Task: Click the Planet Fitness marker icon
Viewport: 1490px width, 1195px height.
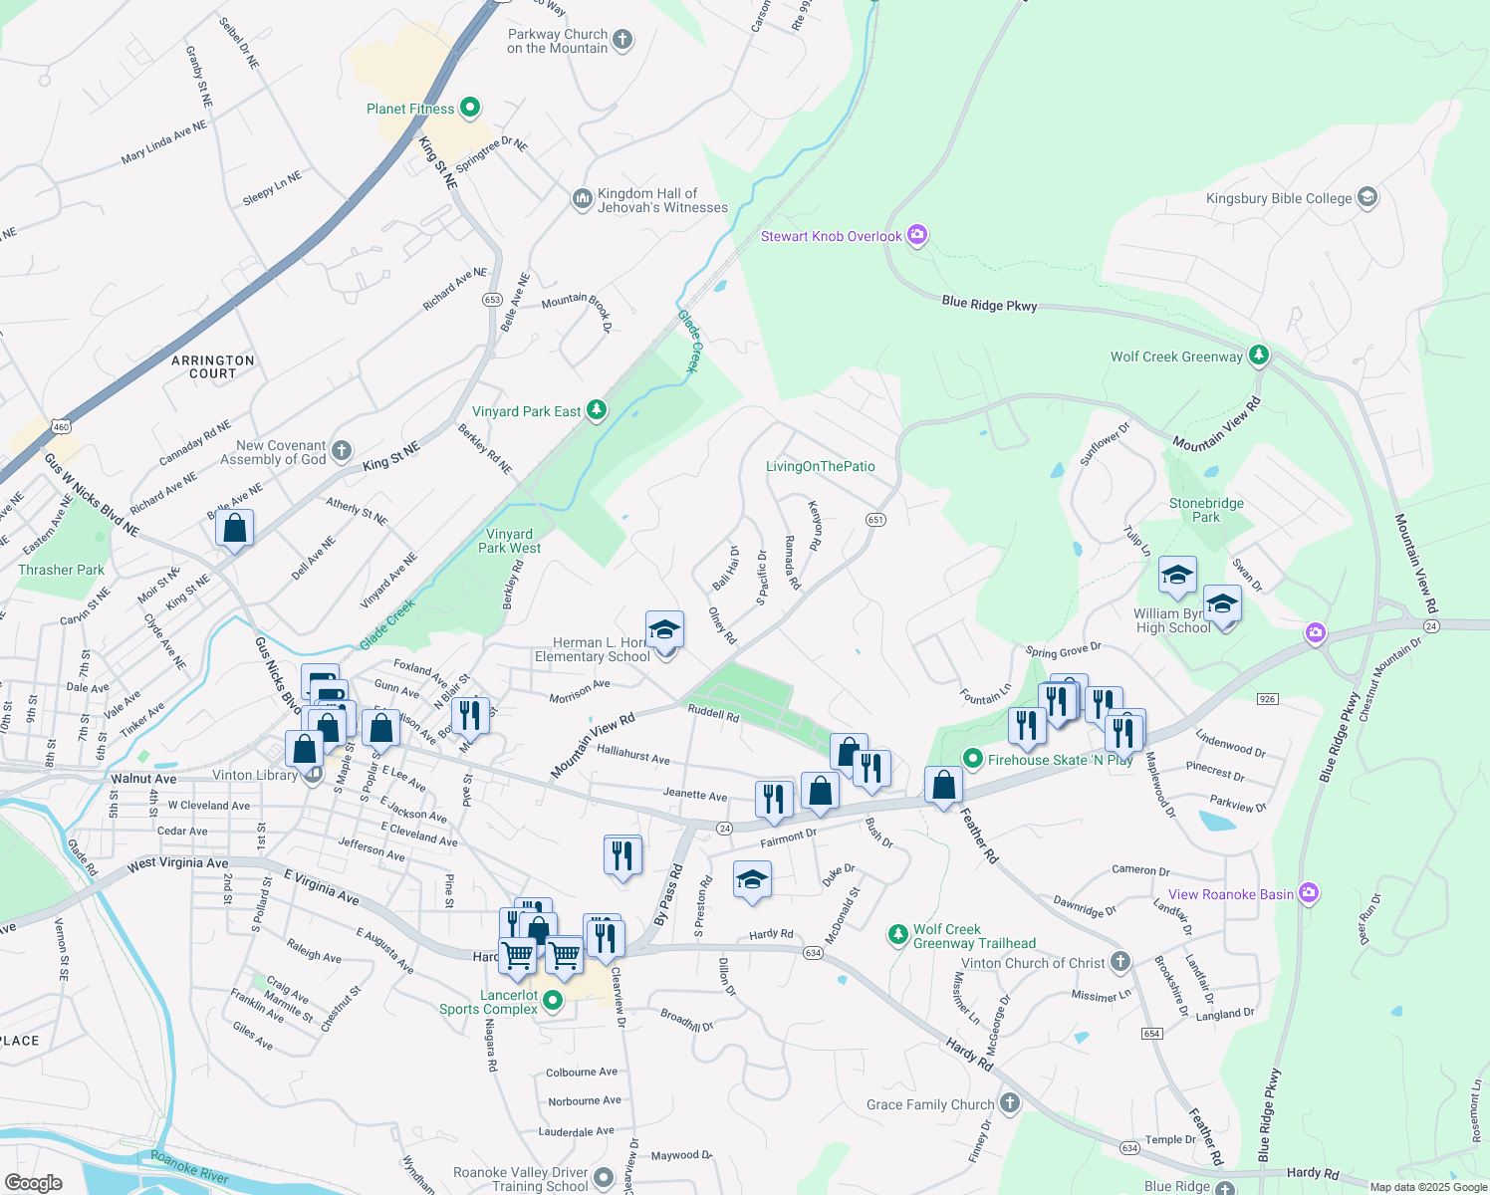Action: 471,108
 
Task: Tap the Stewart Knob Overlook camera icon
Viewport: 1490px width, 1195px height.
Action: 917,235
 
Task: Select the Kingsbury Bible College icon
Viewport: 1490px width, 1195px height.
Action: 1366,197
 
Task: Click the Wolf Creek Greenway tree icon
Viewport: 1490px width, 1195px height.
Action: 1259,355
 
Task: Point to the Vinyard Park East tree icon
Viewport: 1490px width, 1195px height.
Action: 596,410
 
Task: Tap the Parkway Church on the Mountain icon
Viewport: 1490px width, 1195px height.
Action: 621,40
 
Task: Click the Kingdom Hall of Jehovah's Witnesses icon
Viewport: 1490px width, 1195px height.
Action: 582,199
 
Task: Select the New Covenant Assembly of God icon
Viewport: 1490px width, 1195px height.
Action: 341,451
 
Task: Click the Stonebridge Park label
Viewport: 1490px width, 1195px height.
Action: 1206,510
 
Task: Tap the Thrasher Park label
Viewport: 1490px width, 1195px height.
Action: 61,570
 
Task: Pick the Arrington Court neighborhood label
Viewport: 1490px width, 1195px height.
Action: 213,366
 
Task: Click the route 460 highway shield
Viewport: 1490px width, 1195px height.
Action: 62,427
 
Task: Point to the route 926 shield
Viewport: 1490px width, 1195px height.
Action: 1267,699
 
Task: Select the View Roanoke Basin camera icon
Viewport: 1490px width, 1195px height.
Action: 1309,893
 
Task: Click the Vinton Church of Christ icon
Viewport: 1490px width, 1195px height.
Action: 1120,961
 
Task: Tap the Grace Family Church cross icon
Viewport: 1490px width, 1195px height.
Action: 1010,1102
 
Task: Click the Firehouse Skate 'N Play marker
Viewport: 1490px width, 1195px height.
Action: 972,759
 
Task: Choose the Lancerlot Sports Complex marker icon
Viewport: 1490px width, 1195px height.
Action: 553,1000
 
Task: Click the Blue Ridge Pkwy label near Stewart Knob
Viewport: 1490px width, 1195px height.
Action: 989,304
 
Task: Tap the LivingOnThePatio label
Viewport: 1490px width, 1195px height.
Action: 821,466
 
